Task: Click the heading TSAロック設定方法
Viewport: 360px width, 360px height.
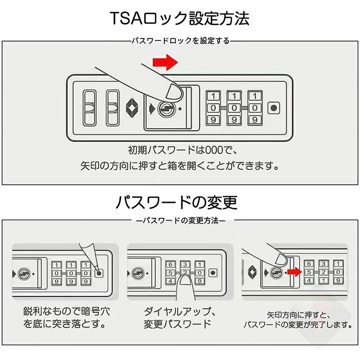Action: (180, 19)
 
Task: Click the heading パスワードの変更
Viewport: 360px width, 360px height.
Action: (176, 202)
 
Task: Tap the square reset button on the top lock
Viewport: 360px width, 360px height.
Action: (273, 108)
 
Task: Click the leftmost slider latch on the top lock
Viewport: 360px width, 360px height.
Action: (90, 108)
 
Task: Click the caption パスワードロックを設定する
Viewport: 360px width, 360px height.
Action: (180, 41)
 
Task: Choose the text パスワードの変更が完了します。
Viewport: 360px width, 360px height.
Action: (297, 324)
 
